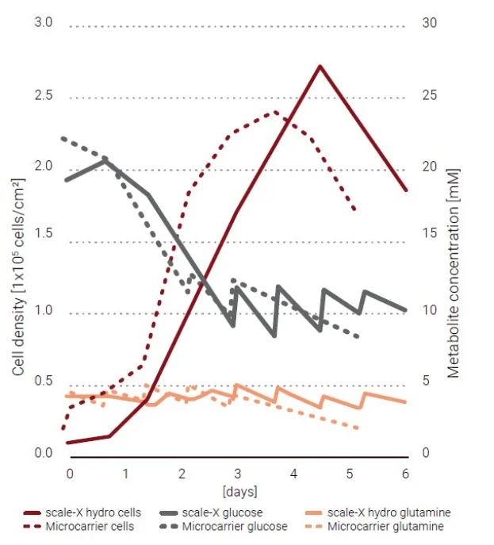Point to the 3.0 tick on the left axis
click(43, 22)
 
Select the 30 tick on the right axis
click(429, 23)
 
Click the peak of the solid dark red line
click(320, 66)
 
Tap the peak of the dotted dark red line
click(276, 112)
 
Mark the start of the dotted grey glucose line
click(63, 138)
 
